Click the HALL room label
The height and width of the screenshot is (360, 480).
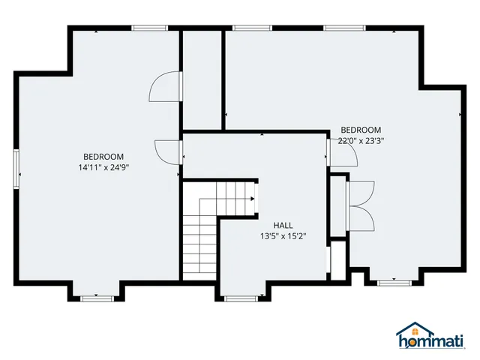click(x=283, y=225)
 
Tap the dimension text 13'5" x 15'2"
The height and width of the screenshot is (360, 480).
click(x=283, y=236)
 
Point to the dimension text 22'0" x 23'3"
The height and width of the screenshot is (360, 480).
click(x=361, y=140)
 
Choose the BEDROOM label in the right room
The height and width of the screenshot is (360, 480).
click(x=361, y=130)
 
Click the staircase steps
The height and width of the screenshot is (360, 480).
click(x=199, y=236)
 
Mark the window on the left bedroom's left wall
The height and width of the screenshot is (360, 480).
click(x=16, y=166)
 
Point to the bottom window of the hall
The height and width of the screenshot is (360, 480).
click(x=241, y=298)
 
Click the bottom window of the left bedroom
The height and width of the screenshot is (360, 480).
click(x=97, y=298)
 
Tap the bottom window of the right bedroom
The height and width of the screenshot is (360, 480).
click(x=393, y=283)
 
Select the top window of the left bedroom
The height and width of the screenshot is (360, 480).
click(x=150, y=28)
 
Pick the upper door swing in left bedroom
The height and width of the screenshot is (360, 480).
click(x=164, y=87)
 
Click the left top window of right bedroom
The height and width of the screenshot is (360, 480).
click(x=252, y=28)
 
